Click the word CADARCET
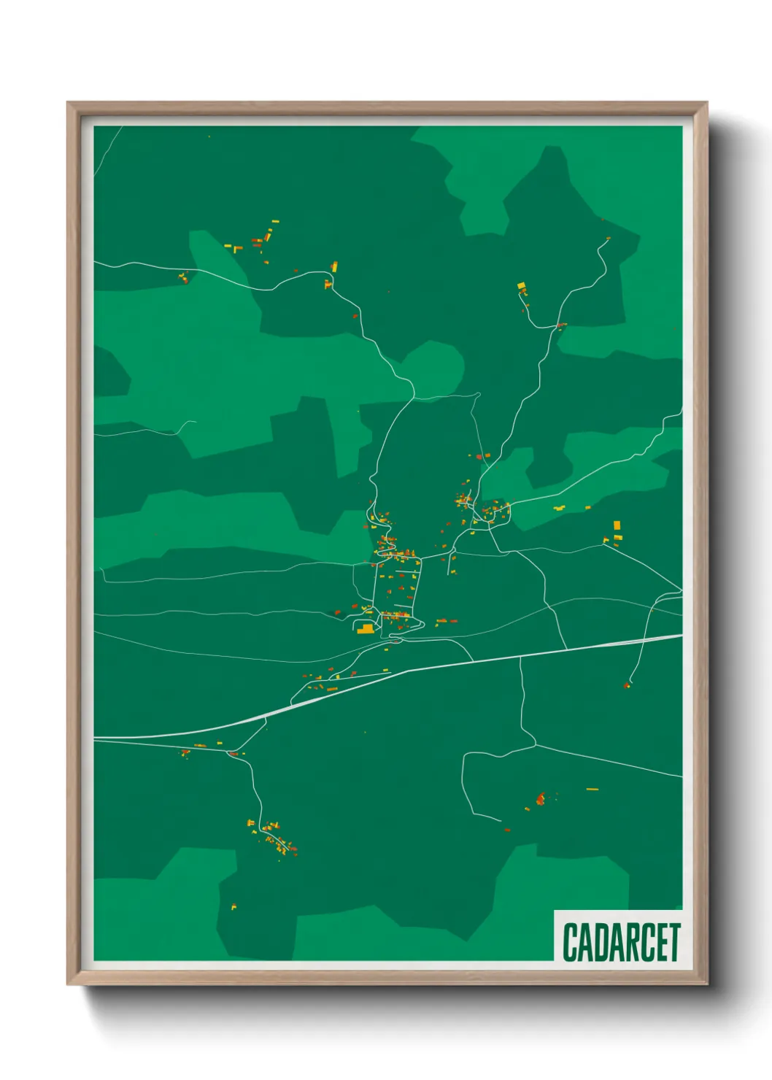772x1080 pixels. pos(621,942)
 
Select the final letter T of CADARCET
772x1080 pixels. pos(674,942)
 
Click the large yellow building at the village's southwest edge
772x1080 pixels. pos(365,628)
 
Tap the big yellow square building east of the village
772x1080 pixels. pos(617,525)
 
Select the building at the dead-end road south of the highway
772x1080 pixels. pos(627,685)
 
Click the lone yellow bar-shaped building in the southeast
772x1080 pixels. pos(592,789)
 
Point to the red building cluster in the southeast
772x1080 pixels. pos(541,798)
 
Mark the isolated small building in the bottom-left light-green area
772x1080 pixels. pos(233,907)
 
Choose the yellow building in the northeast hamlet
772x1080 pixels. pos(521,285)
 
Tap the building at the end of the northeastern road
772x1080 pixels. pos(607,239)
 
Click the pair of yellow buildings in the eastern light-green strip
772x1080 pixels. pos(560,508)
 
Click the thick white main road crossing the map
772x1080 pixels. pos(438,666)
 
